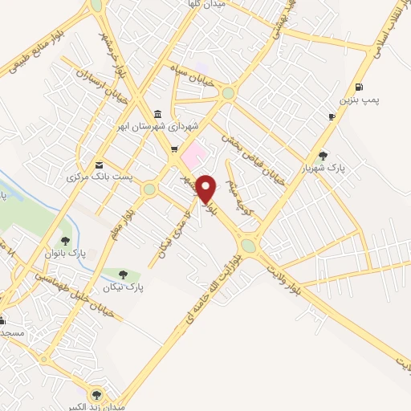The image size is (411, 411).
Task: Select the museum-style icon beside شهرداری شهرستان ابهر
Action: [x=156, y=114]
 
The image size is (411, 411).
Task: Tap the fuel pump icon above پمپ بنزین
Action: [x=357, y=87]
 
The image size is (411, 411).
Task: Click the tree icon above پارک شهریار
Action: [x=324, y=156]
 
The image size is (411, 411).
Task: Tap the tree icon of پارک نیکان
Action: [x=122, y=275]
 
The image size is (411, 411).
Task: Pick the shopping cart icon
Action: [x=174, y=149]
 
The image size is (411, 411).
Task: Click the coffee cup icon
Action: [x=332, y=117]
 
